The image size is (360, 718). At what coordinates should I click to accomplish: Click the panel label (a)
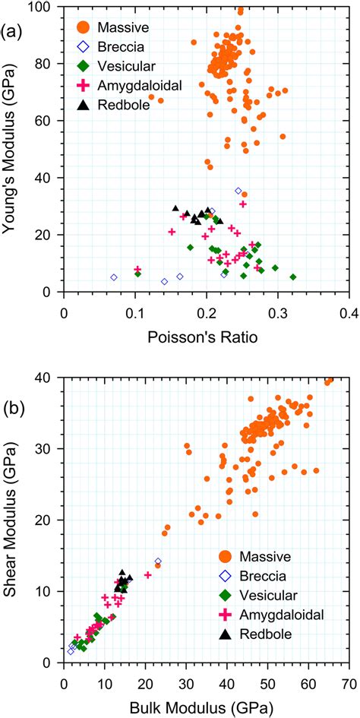click(x=10, y=33)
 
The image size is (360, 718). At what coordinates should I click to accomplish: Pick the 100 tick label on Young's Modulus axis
click(x=46, y=7)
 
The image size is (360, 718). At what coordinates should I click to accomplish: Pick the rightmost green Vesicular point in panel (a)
click(x=293, y=277)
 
